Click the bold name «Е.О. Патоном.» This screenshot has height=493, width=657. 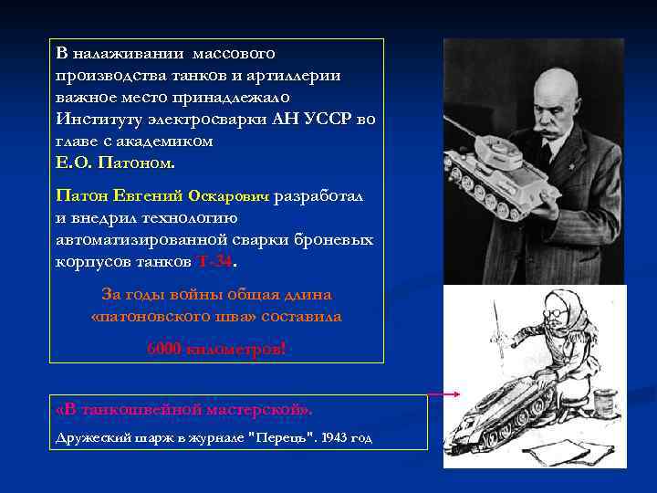pyautogui.click(x=113, y=163)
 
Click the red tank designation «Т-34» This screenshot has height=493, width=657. pyautogui.click(x=215, y=261)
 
